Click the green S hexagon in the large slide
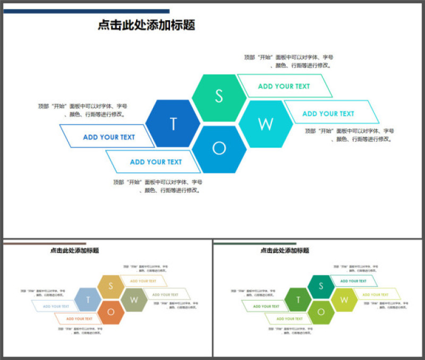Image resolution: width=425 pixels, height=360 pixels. (219, 97)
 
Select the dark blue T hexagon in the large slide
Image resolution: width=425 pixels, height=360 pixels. (173, 124)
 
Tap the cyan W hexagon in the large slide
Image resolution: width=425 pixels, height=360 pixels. (266, 124)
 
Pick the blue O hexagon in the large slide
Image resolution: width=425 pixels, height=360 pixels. (219, 149)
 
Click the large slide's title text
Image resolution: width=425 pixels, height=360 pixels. (147, 25)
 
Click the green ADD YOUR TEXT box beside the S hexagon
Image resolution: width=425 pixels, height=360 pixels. (284, 86)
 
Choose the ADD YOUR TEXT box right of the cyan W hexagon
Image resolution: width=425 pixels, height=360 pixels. (329, 113)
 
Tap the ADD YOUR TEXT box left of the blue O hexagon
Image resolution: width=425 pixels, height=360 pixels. (155, 162)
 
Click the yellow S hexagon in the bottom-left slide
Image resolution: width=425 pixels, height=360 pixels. (111, 286)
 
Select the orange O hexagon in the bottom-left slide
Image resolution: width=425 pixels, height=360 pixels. (111, 312)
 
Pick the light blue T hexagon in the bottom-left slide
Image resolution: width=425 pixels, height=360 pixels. (87, 300)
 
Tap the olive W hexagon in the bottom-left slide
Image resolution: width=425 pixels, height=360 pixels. (134, 300)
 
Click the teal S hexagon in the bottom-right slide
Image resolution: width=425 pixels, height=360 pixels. (321, 286)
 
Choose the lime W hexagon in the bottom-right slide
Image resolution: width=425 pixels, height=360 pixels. (344, 300)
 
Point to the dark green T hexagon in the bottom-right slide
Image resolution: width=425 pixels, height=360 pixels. (297, 300)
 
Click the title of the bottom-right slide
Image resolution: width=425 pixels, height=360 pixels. (285, 251)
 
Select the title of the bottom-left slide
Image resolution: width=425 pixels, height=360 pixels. (74, 251)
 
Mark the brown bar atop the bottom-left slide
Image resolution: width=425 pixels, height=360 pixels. (45, 244)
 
